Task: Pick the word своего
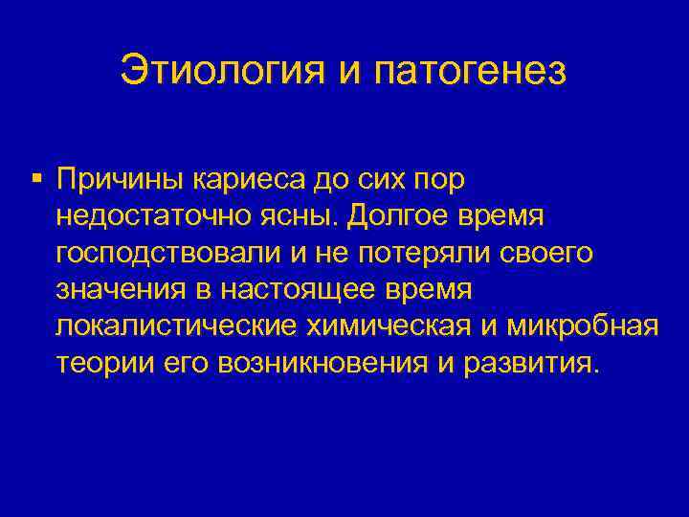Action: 549,252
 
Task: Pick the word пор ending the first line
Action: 440,179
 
